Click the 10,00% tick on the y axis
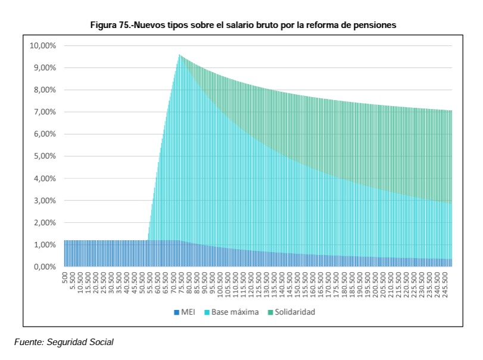43,46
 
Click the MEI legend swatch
176,312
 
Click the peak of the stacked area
179,55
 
